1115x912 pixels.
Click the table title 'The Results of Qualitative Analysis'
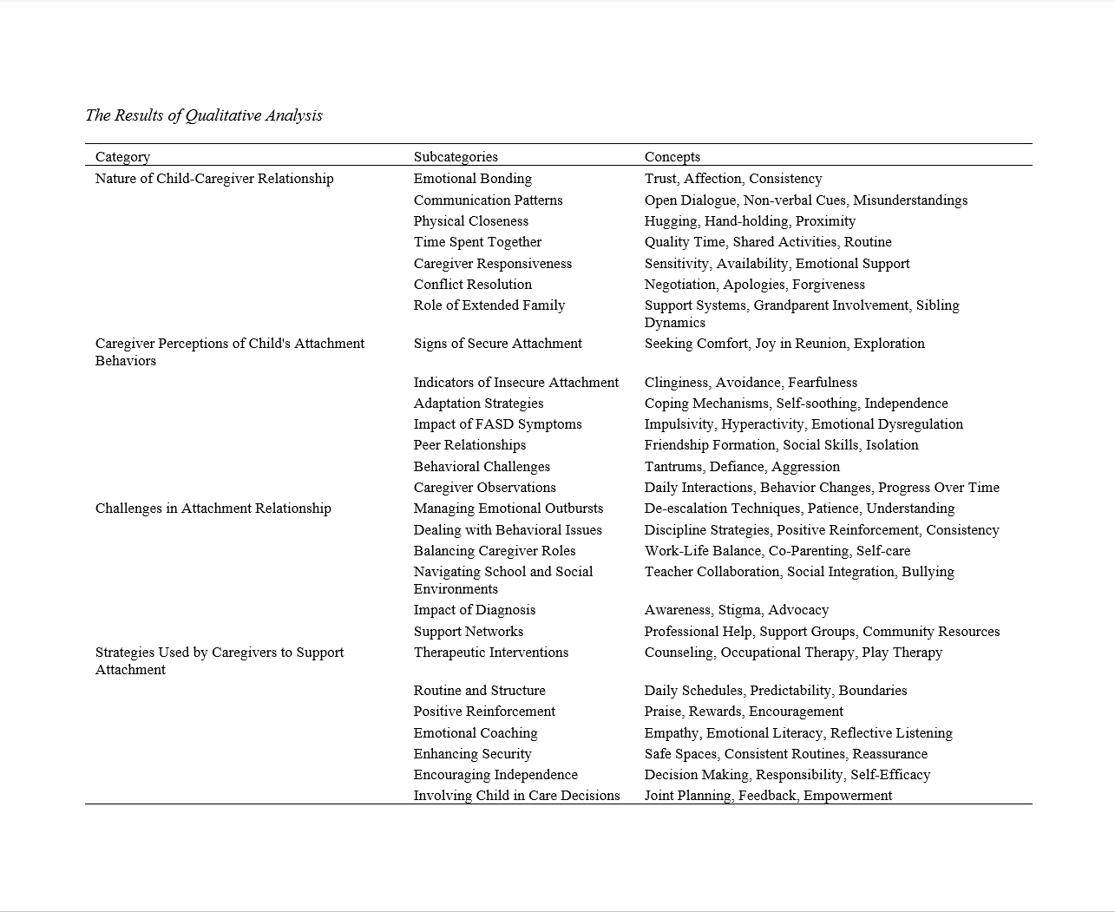pos(204,115)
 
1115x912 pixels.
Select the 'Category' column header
pos(122,157)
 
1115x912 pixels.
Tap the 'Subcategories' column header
pos(456,157)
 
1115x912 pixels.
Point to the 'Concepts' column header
pos(672,157)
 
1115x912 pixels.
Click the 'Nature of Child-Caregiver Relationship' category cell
pos(214,179)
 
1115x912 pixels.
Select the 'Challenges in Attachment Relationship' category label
pos(213,508)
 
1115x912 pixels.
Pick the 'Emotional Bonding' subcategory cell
pos(473,179)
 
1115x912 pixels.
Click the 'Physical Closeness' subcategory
pos(471,221)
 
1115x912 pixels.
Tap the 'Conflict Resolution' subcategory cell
pos(473,285)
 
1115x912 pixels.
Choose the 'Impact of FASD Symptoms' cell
pos(498,424)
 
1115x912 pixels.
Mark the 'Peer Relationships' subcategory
pos(470,445)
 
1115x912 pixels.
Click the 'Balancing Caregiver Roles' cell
pos(495,551)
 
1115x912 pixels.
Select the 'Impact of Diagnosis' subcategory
pos(475,610)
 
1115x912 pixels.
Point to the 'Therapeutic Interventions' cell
pos(491,653)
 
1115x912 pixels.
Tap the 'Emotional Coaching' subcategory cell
pos(476,733)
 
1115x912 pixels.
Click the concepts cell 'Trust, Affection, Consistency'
pos(733,179)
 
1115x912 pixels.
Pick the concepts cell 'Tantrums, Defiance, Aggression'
pos(742,467)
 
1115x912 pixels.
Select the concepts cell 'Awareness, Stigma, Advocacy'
pos(737,610)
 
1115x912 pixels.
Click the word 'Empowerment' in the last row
pos(848,796)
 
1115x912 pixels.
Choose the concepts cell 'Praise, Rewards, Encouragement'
pos(744,712)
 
